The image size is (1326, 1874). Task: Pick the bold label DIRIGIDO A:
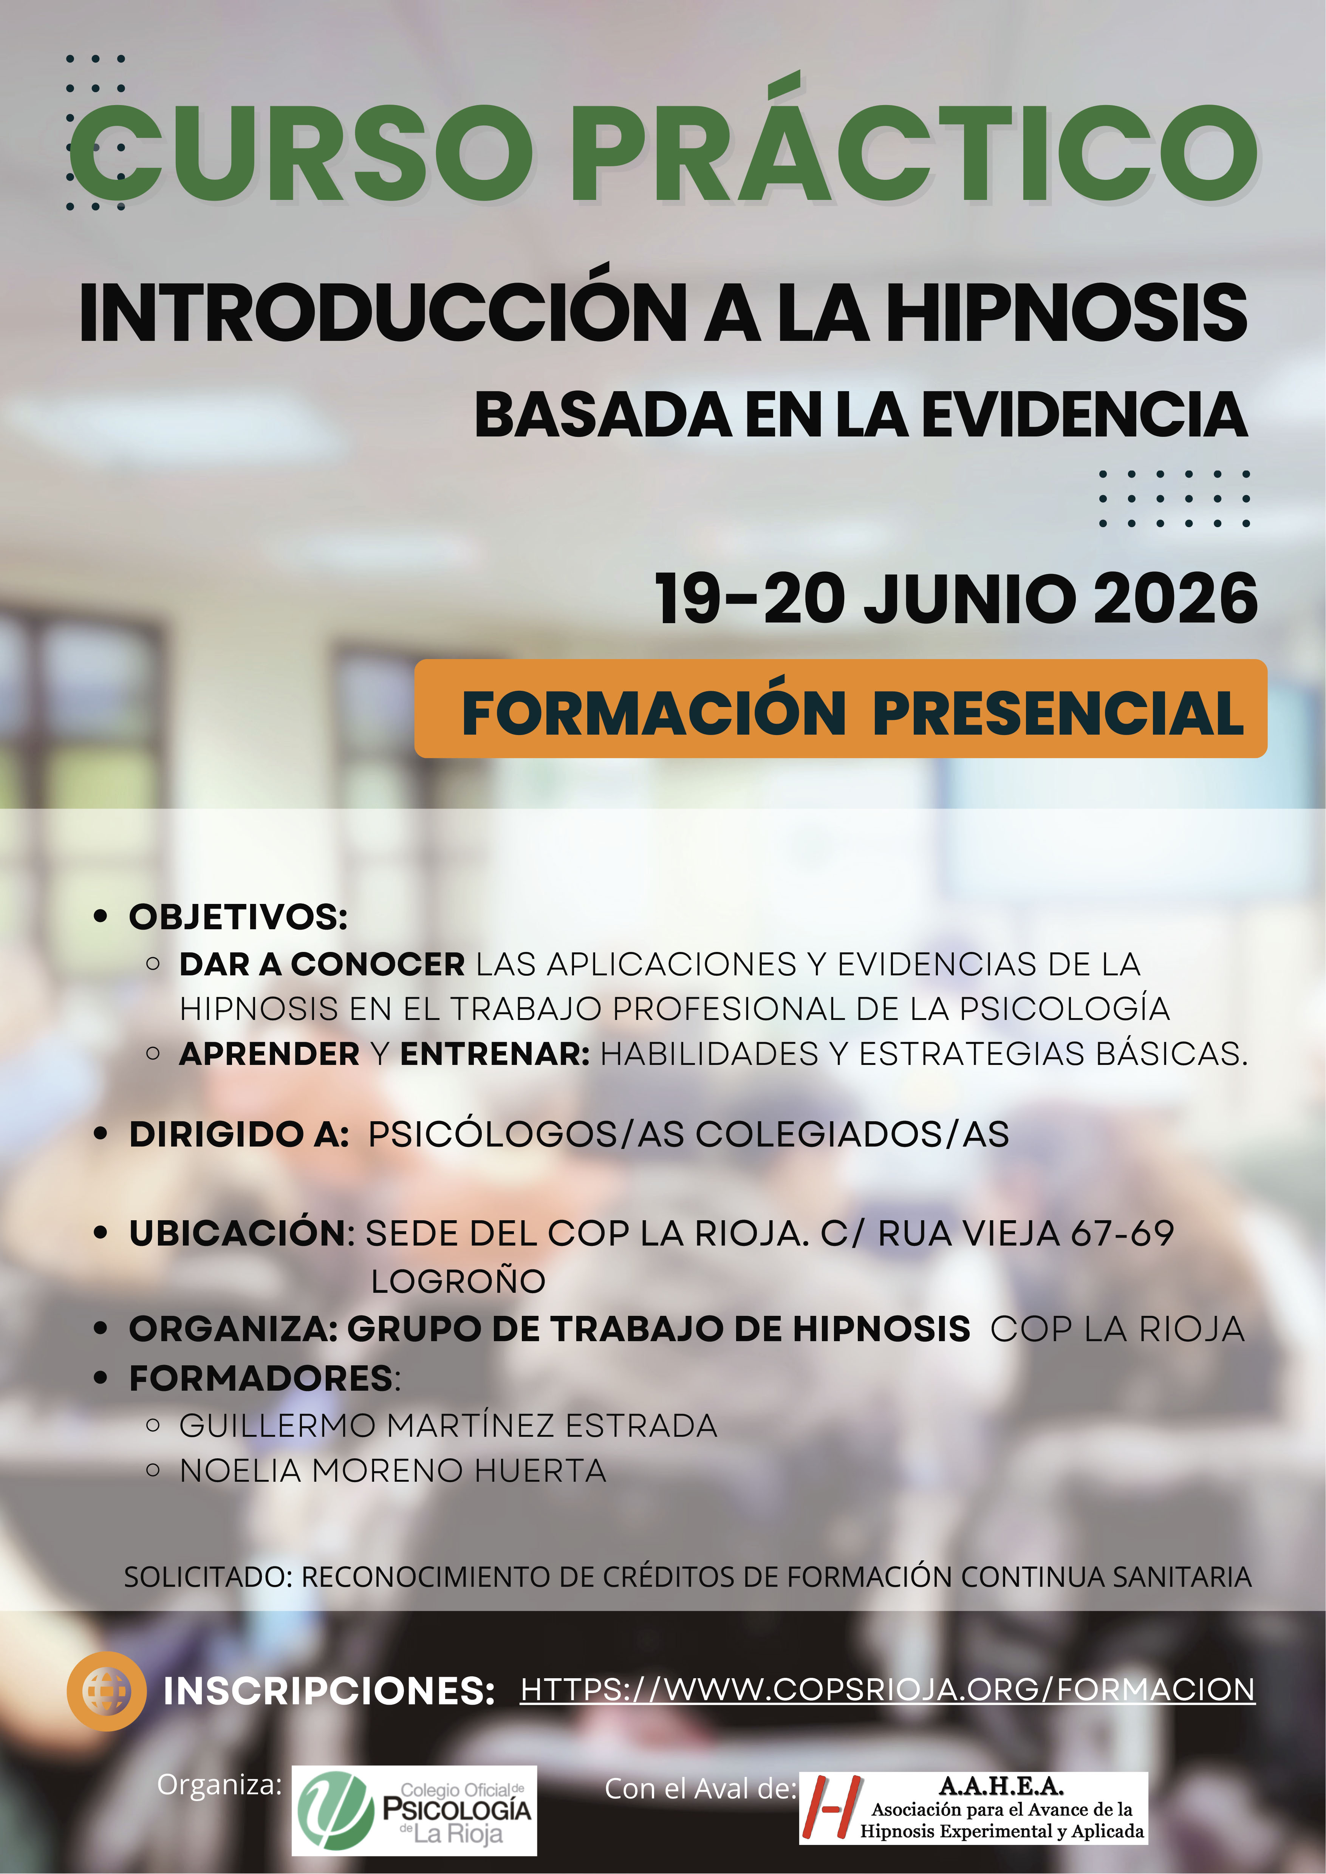(239, 1134)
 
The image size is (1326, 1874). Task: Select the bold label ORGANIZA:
(234, 1329)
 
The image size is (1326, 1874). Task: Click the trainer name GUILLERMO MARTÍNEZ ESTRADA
(448, 1426)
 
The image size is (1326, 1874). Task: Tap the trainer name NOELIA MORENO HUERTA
(393, 1471)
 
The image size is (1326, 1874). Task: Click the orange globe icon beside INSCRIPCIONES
(106, 1691)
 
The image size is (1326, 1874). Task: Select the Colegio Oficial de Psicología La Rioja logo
(414, 1811)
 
